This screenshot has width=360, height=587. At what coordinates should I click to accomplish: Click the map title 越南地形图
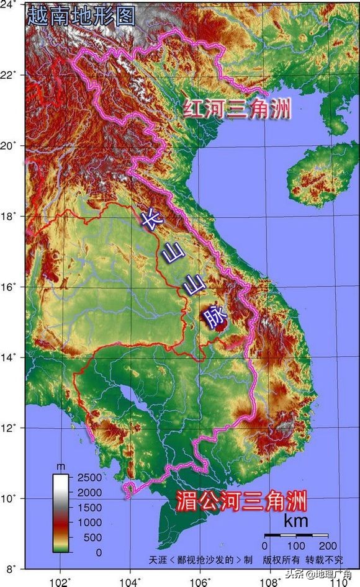[81, 16]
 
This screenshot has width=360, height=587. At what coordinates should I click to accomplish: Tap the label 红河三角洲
[237, 110]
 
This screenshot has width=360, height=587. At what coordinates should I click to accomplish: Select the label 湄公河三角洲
[241, 500]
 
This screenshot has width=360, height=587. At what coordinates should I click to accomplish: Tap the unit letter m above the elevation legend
[60, 465]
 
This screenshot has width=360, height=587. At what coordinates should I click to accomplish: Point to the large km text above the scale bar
[296, 522]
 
